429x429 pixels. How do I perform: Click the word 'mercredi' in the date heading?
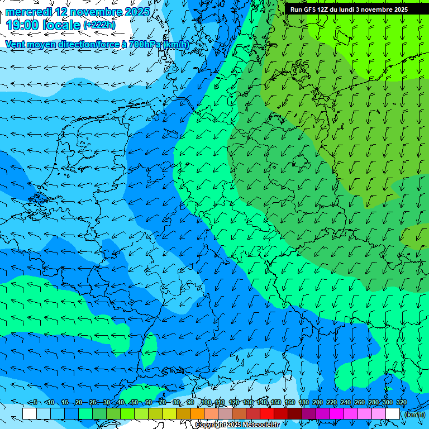tap(28, 12)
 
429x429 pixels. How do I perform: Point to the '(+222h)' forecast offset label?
tap(99, 25)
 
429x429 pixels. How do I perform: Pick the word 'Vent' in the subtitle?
tap(16, 44)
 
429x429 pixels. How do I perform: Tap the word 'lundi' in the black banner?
tap(354, 9)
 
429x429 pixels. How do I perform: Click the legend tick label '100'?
tap(206, 403)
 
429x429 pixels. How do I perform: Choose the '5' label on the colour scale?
tap(35, 403)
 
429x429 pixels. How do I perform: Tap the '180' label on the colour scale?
tap(304, 403)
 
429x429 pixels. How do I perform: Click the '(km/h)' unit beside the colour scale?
tap(414, 414)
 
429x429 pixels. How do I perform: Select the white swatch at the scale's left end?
tap(30, 413)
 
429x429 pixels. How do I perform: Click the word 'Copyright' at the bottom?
tap(210, 425)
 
